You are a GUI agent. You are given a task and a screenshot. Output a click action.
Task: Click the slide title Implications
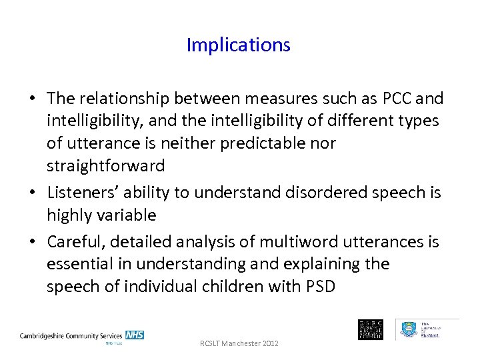239,45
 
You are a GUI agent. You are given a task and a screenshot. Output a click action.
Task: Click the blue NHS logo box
134,335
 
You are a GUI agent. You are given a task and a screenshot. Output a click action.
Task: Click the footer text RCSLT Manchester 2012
239,343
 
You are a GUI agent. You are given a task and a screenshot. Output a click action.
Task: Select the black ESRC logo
371,329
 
